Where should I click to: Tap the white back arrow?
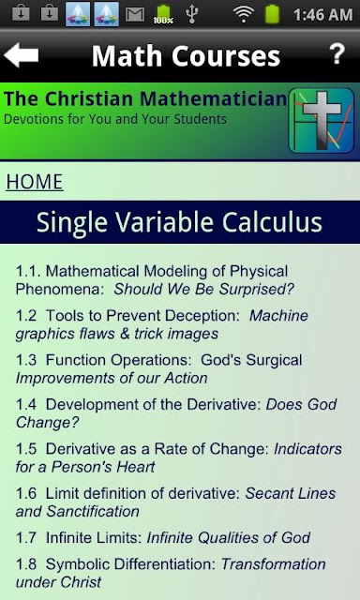[x=21, y=55]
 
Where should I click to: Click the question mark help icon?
[x=337, y=54]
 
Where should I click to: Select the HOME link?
[x=35, y=182]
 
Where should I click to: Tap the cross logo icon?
[x=322, y=121]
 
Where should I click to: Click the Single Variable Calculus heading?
[x=179, y=222]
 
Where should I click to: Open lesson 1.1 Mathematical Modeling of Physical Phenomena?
[x=155, y=280]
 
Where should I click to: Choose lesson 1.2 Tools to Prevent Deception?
[x=162, y=324]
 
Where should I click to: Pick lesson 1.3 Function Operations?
[x=158, y=368]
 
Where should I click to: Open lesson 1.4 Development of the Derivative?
[x=176, y=413]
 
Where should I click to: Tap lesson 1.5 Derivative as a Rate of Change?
[x=179, y=457]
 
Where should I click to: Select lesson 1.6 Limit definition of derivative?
[x=175, y=502]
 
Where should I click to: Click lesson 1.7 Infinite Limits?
[x=163, y=537]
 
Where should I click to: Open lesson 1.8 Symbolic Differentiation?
[x=171, y=573]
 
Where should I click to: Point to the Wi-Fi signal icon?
[x=244, y=14]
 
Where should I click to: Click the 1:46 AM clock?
[x=322, y=15]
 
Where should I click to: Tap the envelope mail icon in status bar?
[x=135, y=15]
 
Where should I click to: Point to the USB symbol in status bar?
[x=191, y=14]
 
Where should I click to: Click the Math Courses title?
[x=186, y=56]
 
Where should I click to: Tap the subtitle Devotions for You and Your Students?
[x=115, y=119]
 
